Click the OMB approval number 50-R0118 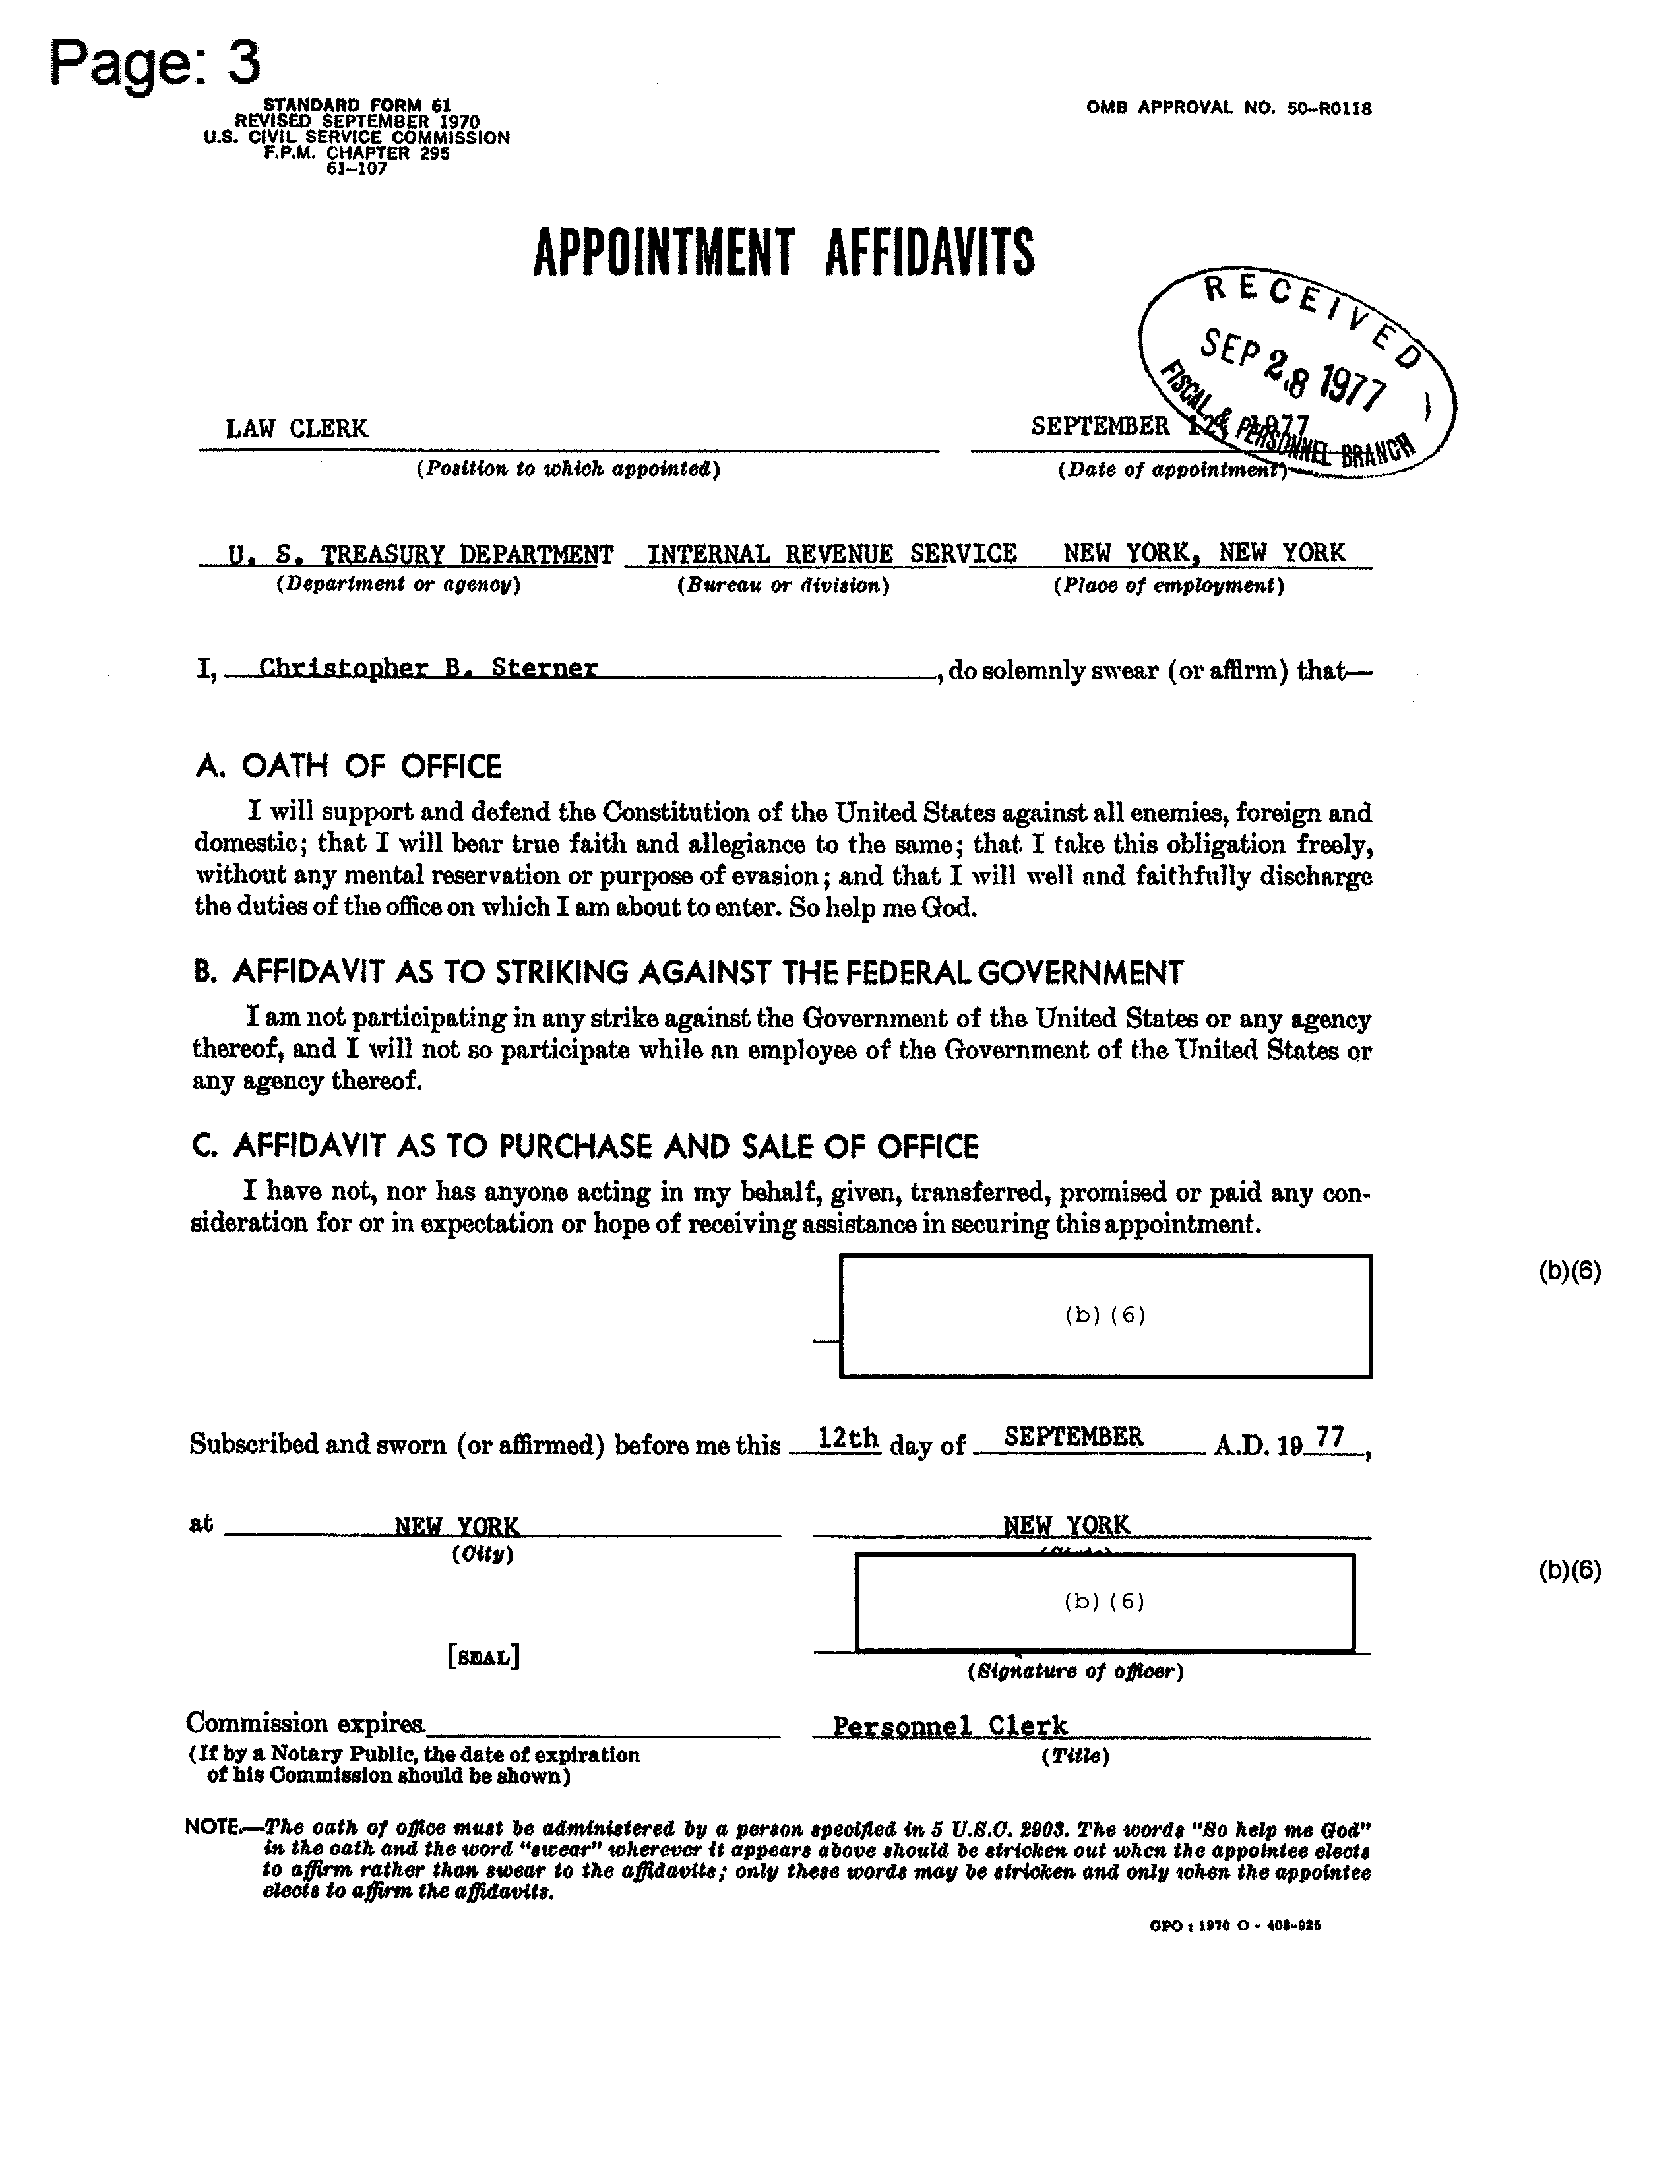coord(1228,107)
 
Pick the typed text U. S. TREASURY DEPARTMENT coord(420,554)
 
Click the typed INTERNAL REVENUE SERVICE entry coord(832,554)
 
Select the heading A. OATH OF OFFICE coord(348,767)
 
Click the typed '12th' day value coord(848,1438)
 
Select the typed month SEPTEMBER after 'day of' coord(1072,1437)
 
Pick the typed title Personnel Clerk coord(949,1726)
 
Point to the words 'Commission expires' coord(305,1723)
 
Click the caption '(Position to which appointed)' coord(568,469)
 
